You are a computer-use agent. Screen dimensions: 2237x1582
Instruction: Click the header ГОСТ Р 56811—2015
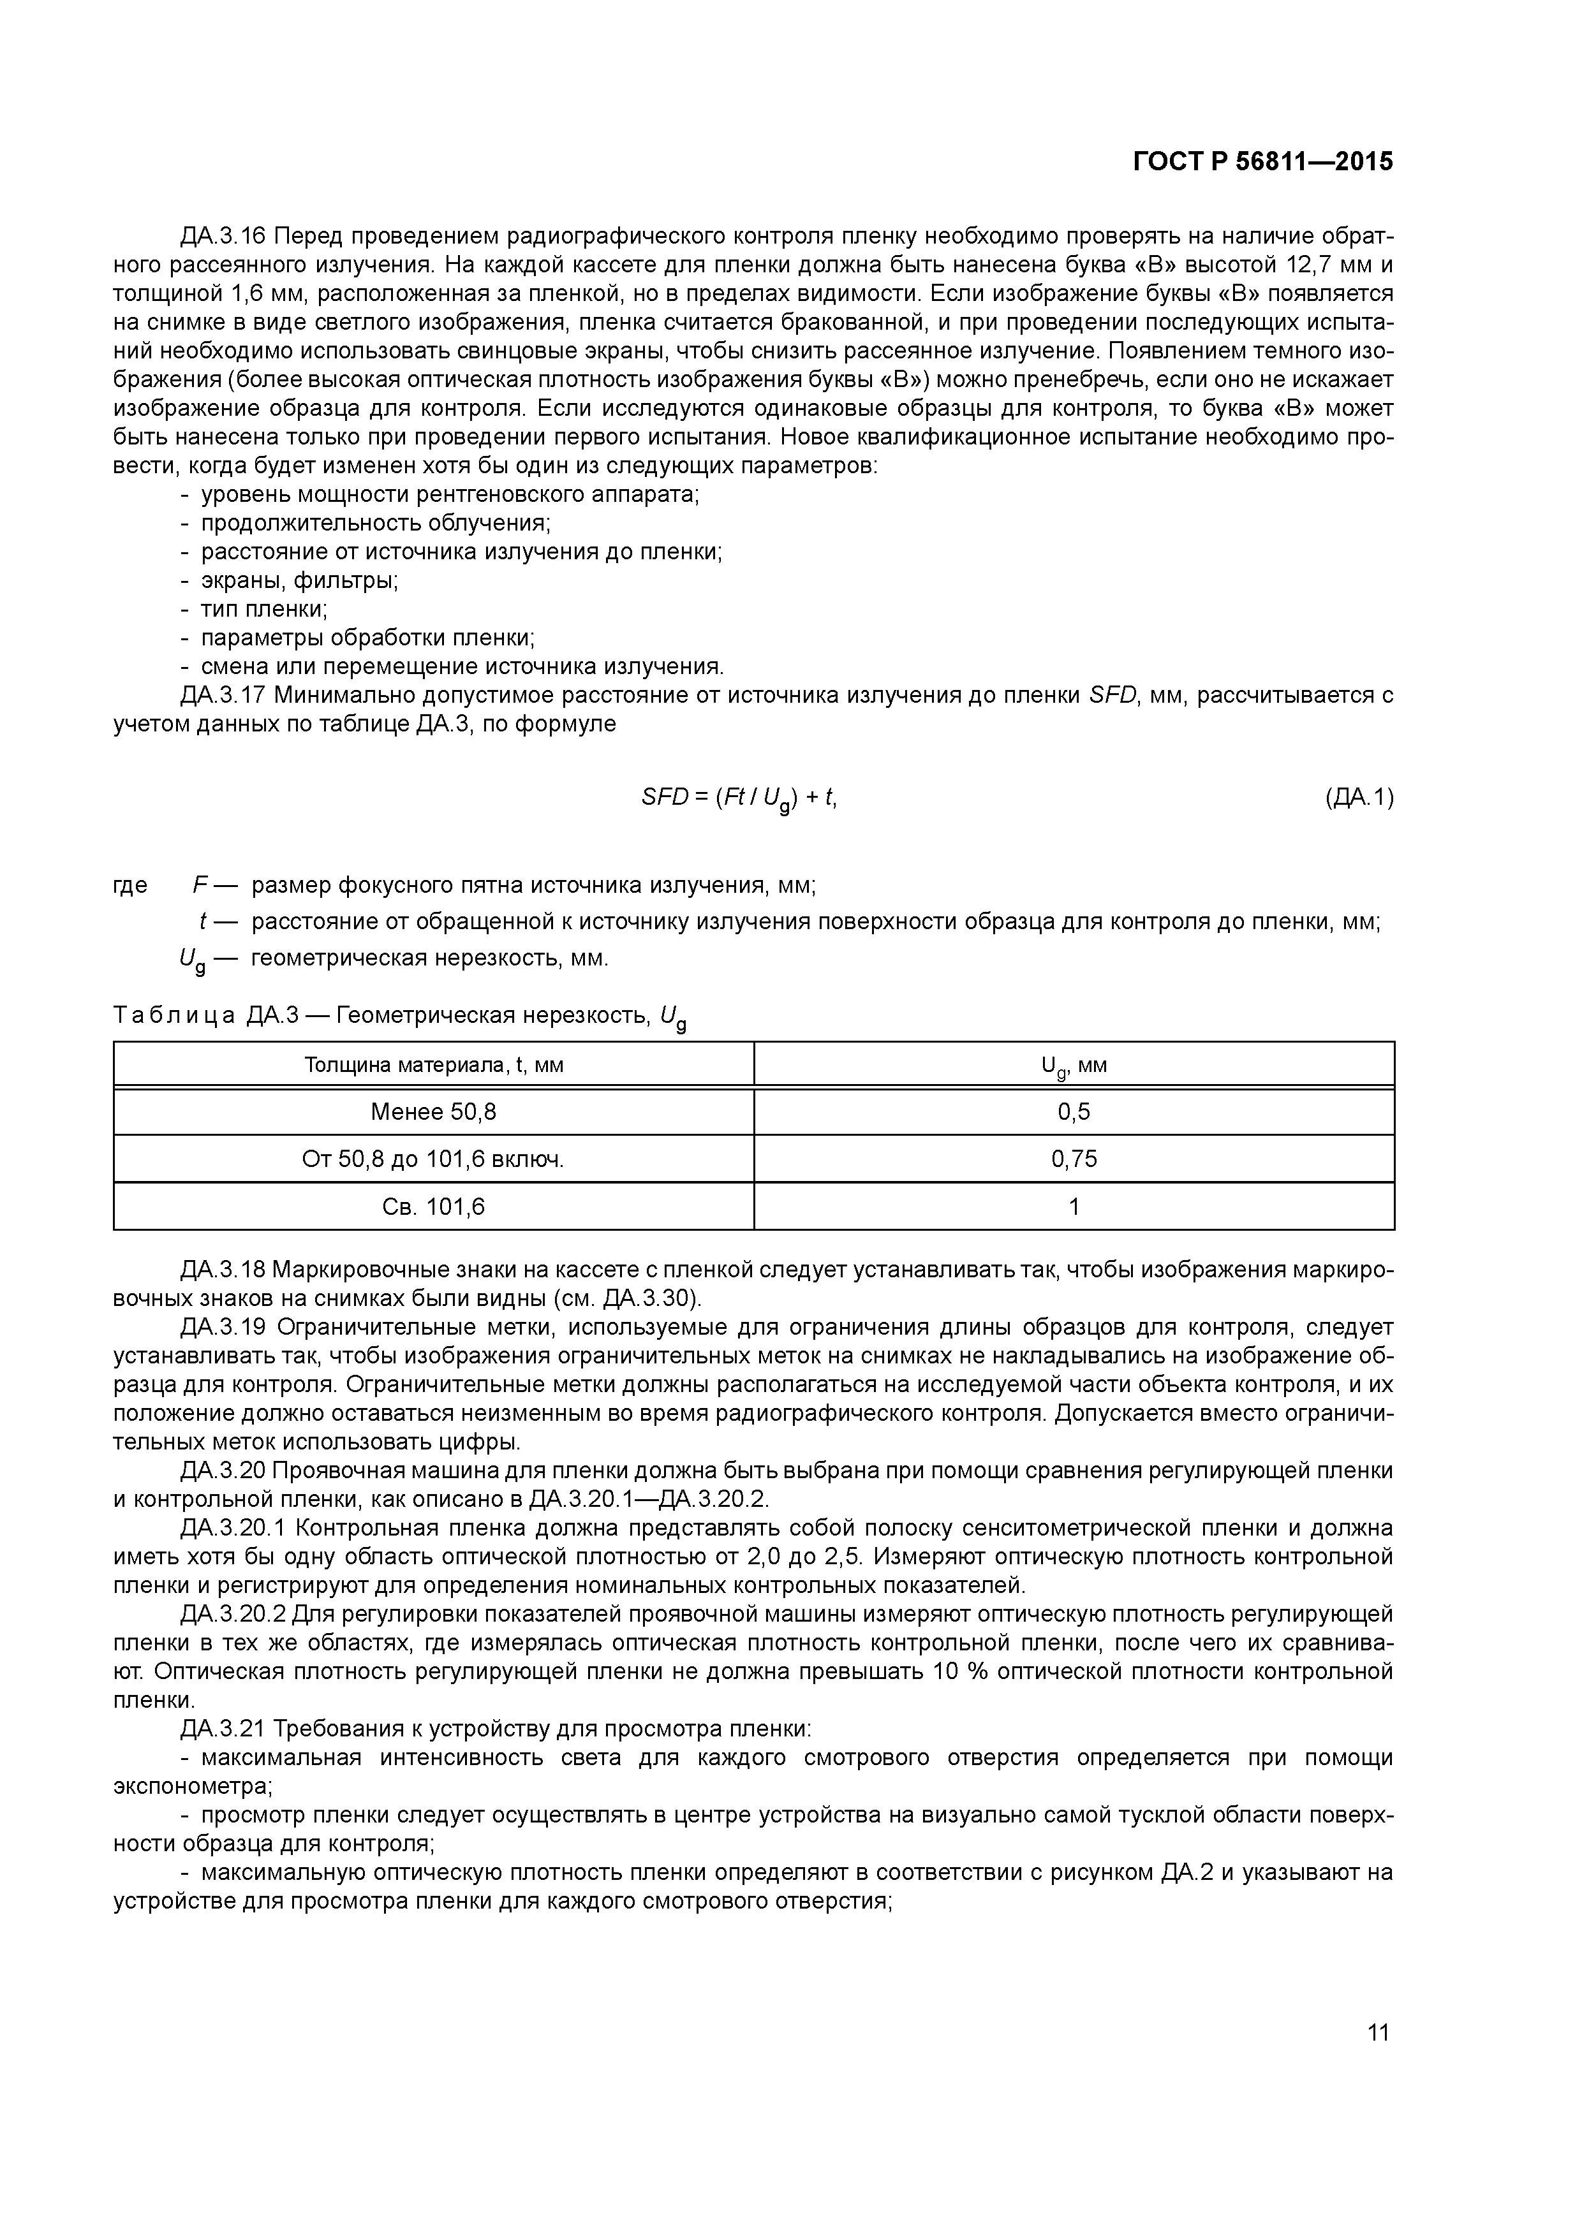pos(1262,163)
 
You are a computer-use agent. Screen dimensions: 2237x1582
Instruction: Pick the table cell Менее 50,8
pos(434,1111)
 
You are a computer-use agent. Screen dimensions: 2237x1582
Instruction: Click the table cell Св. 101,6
pos(434,1207)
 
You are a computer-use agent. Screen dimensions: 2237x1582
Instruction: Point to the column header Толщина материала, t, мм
pos(434,1065)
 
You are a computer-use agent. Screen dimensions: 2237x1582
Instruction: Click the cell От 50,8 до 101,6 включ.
pos(434,1159)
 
